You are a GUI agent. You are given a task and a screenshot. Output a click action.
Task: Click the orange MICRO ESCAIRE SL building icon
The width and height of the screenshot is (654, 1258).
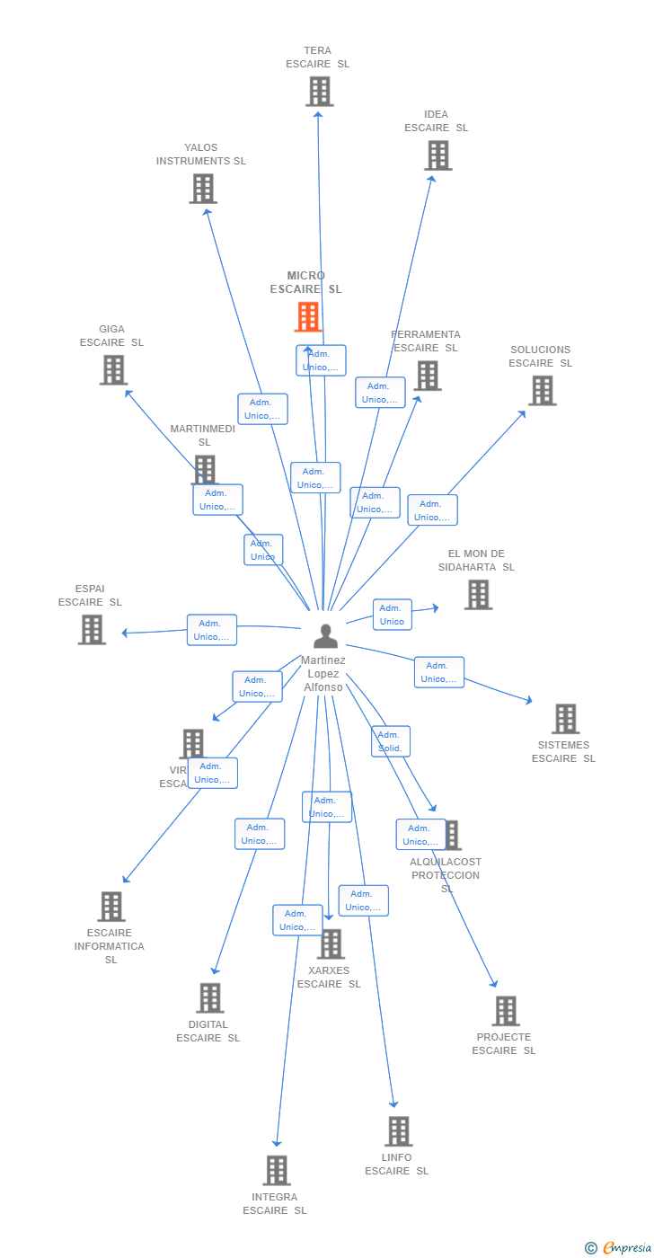pyautogui.click(x=308, y=317)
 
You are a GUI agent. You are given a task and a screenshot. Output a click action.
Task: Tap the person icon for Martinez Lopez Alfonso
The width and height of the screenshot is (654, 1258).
pyautogui.click(x=325, y=635)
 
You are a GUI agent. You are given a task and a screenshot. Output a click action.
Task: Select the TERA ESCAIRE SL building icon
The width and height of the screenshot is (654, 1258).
pyautogui.click(x=319, y=92)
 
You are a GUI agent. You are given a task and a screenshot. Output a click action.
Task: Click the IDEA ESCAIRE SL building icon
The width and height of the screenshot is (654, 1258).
pyautogui.click(x=437, y=155)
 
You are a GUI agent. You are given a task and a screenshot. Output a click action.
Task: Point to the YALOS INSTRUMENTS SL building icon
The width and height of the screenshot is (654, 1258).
pyautogui.click(x=203, y=189)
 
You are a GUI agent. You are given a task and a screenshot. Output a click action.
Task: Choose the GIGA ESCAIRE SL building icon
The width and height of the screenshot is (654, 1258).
pyautogui.click(x=113, y=370)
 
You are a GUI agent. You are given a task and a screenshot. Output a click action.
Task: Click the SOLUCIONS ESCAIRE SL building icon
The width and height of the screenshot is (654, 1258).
pyautogui.click(x=542, y=391)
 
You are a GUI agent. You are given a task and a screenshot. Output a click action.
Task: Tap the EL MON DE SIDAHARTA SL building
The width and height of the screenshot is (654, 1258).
pyautogui.click(x=478, y=595)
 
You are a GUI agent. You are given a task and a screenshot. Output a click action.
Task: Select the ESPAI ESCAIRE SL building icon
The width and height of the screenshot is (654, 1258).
pyautogui.click(x=92, y=630)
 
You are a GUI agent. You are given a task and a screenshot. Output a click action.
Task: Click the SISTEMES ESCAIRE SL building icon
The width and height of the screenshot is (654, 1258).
pyautogui.click(x=565, y=719)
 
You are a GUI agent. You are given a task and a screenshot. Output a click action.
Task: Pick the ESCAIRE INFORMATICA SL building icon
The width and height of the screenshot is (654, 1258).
pyautogui.click(x=110, y=907)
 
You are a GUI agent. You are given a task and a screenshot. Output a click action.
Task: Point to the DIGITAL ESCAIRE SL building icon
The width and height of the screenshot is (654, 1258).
pyautogui.click(x=209, y=998)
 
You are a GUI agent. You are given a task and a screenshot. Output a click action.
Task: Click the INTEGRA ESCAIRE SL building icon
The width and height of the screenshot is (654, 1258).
pyautogui.click(x=277, y=1171)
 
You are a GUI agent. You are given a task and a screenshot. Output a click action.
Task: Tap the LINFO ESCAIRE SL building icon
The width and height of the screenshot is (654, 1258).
pyautogui.click(x=398, y=1131)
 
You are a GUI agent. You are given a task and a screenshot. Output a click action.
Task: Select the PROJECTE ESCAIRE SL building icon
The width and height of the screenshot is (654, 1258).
pyautogui.click(x=506, y=1011)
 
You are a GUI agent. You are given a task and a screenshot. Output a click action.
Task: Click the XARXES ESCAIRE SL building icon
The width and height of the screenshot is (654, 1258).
pyautogui.click(x=331, y=944)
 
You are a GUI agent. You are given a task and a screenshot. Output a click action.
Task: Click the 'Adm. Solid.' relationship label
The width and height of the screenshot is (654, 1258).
pyautogui.click(x=391, y=741)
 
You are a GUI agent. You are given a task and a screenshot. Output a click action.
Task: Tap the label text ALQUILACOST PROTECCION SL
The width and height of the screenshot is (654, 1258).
pyautogui.click(x=446, y=875)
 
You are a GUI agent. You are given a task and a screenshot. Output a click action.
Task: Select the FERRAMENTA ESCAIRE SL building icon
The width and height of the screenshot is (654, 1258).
pyautogui.click(x=428, y=376)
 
